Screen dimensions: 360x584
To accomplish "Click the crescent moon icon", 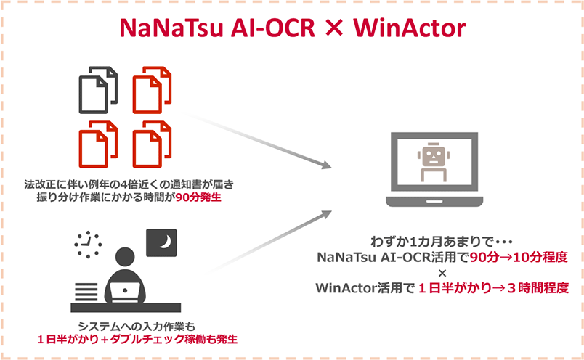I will tap(161, 243).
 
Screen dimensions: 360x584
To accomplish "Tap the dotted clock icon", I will tap(89, 246).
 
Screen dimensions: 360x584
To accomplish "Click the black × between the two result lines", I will tap(442, 272).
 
